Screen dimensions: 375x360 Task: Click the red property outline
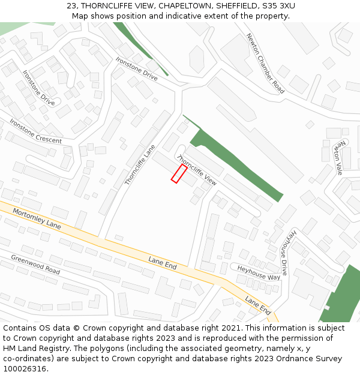coord(179,173)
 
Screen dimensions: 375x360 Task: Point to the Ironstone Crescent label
coord(35,131)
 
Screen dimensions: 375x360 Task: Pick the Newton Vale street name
coord(340,157)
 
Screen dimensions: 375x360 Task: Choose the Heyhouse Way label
coord(259,273)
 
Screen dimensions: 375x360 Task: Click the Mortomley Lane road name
coord(37,220)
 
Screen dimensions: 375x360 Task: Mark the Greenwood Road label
coord(35,264)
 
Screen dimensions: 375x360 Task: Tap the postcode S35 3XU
coord(278,6)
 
